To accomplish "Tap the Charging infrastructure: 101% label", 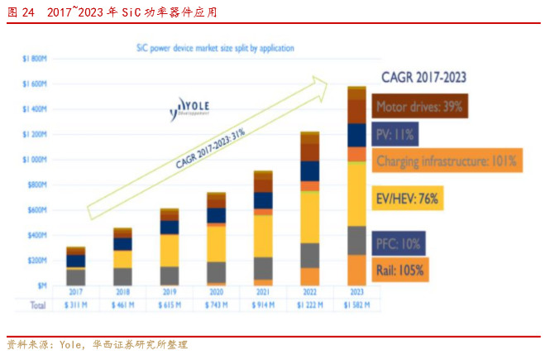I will point(447,161).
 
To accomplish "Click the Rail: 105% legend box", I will point(401,269).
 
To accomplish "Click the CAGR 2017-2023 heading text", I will point(423,78).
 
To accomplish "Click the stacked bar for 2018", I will point(122,257).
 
